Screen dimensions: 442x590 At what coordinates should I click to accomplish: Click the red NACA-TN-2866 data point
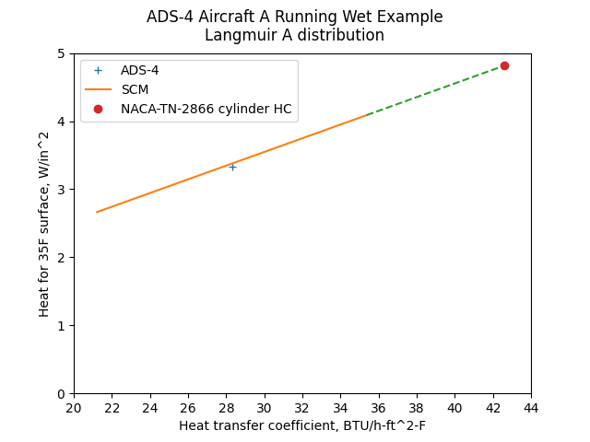click(x=504, y=65)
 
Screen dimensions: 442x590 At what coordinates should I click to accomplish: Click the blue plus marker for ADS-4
click(x=232, y=167)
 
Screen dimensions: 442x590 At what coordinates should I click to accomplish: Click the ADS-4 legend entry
click(x=139, y=71)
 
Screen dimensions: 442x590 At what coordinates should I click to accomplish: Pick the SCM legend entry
click(x=135, y=89)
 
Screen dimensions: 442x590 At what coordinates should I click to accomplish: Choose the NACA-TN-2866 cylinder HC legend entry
click(x=206, y=109)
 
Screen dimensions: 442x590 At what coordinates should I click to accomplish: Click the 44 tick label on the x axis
click(x=531, y=407)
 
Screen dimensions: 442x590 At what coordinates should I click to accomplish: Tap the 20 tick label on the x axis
click(x=74, y=407)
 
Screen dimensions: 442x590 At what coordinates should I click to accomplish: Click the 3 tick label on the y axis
click(x=61, y=190)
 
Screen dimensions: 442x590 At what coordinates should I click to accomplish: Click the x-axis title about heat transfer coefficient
click(x=302, y=425)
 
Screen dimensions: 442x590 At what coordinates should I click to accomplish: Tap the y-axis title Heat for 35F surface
click(x=44, y=224)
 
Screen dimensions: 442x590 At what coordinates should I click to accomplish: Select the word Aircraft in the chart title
click(x=223, y=17)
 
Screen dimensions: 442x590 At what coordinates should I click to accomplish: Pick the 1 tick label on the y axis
click(x=61, y=326)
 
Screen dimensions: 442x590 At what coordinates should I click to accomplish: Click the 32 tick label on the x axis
click(x=302, y=407)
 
